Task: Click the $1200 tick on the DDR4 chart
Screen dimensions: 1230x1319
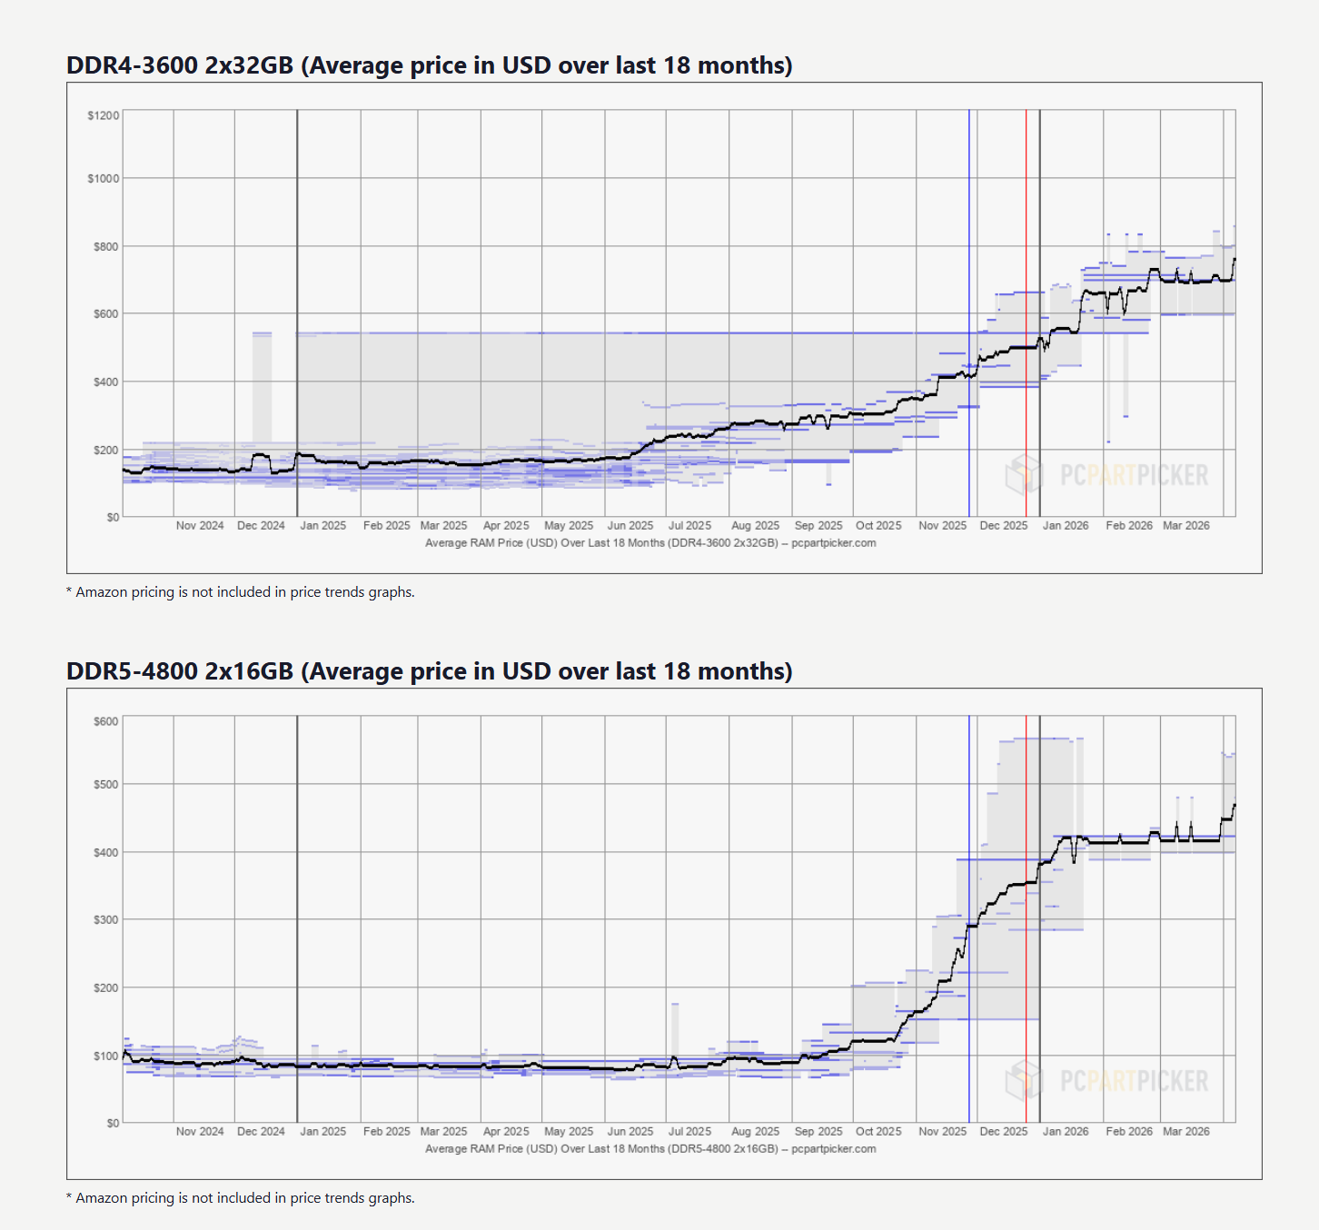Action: click(x=104, y=115)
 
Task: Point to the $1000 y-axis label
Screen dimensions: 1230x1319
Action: click(x=104, y=178)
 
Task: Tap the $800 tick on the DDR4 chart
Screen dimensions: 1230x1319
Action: click(x=106, y=246)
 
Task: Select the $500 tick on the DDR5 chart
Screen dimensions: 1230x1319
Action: click(x=106, y=784)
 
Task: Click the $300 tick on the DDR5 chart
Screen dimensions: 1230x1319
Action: click(x=106, y=919)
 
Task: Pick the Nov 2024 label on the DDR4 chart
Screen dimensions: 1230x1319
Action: click(x=200, y=526)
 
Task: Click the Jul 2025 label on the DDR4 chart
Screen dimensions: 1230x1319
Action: click(x=689, y=526)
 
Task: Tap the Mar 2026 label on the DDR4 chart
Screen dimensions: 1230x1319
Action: click(x=1185, y=526)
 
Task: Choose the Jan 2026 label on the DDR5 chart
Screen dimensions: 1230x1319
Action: click(x=1065, y=1132)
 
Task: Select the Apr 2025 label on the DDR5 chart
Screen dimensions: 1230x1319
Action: click(x=506, y=1132)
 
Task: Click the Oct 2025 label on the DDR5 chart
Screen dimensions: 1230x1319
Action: click(x=878, y=1132)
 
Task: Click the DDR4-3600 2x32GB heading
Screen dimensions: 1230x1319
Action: click(x=429, y=65)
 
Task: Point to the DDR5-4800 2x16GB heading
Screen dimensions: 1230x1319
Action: click(x=429, y=671)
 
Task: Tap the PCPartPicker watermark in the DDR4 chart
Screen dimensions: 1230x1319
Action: click(x=1108, y=474)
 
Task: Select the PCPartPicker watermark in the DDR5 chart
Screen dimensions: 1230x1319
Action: click(x=1108, y=1080)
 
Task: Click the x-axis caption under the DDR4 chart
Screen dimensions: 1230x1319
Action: click(x=650, y=543)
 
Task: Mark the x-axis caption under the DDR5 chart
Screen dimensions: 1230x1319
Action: click(x=650, y=1149)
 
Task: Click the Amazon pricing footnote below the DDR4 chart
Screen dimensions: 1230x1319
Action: click(x=241, y=592)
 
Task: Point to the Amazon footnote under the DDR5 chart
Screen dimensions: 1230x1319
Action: click(x=241, y=1198)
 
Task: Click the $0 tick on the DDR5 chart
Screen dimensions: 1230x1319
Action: click(x=113, y=1123)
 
